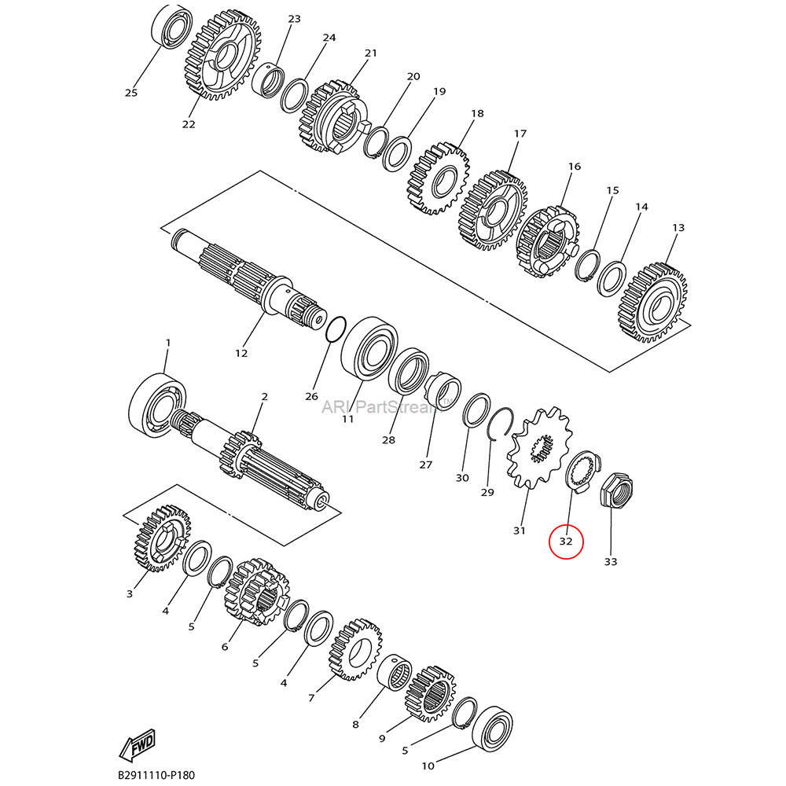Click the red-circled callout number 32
pos(566,541)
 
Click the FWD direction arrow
pos(137,744)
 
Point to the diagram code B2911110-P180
pos(156,775)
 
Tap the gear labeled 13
pos(654,303)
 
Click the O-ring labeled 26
pos(336,329)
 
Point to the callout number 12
pos(241,353)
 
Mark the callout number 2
pos(264,397)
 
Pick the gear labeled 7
pos(355,649)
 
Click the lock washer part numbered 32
pos(582,472)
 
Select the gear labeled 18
pos(438,178)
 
